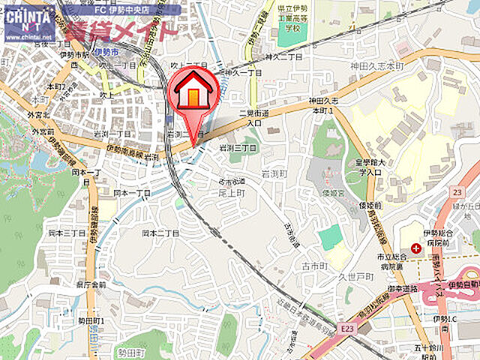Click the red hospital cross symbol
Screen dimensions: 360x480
tap(415, 247)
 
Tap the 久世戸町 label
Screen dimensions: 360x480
tap(354, 276)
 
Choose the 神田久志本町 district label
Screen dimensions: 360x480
tap(376, 66)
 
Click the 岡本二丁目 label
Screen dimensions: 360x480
tap(160, 233)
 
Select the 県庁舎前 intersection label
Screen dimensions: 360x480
tap(91, 285)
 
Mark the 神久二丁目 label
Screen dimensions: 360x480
tap(285, 56)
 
